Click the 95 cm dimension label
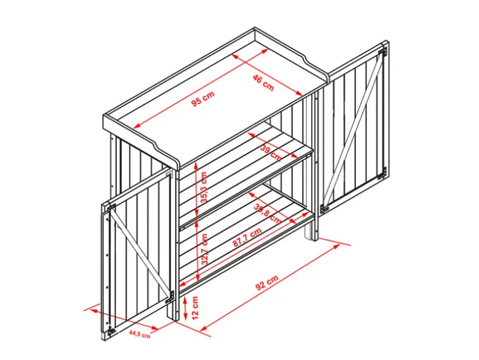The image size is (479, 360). tap(203, 99)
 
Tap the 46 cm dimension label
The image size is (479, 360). tap(263, 83)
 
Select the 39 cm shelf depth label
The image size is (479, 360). tap(270, 153)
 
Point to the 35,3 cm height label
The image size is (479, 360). tap(203, 187)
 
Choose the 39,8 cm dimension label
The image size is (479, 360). tap(267, 214)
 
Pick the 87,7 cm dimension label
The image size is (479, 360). tap(247, 237)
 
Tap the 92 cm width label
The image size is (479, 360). tap(267, 283)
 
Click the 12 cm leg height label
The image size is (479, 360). tap(195, 308)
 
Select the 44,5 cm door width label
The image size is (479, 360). tap(139, 334)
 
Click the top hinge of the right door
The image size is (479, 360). tap(382, 52)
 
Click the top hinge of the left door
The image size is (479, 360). tap(111, 208)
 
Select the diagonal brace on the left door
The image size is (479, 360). tap(141, 252)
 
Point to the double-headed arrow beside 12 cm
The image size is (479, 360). tap(185, 308)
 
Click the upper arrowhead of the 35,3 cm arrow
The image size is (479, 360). tap(196, 166)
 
